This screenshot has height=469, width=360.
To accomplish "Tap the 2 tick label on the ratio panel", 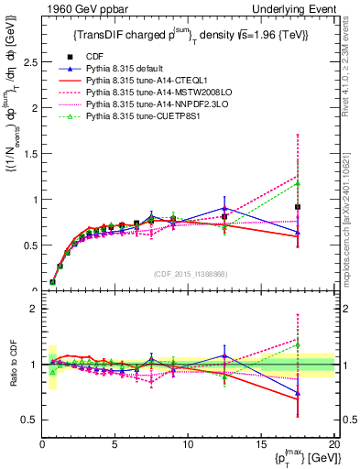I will point(31,309).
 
